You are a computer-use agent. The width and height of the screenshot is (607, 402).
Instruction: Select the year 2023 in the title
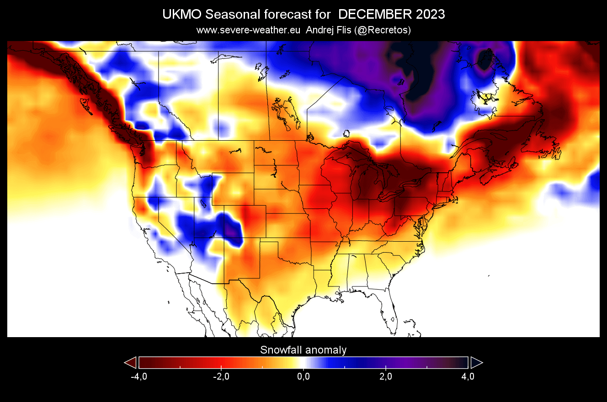[x=431, y=15]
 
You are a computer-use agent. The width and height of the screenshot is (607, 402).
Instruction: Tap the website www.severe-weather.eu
[x=248, y=30]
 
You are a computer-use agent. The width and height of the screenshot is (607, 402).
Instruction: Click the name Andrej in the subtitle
[x=321, y=30]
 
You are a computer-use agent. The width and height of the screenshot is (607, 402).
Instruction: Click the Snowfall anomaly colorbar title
[x=303, y=350]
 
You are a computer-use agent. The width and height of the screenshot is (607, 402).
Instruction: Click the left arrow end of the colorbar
[x=130, y=363]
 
